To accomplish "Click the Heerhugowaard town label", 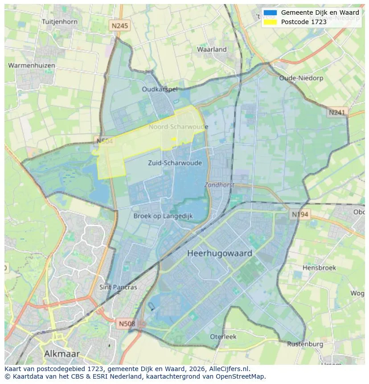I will coord(220,253).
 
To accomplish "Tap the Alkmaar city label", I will coord(62,354).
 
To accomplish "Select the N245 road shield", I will coord(119,26).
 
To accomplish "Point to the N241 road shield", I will coord(337,113).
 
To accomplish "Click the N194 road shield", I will coord(300,215).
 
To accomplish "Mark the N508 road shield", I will coord(127,322).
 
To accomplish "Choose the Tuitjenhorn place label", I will coord(59,21).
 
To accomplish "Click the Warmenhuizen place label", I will coord(32,66).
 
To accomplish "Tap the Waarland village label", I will coord(212,50).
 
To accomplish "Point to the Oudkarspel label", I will coord(160,89).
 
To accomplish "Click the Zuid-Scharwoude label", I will coord(175,163).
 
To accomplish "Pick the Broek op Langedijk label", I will coord(163,216).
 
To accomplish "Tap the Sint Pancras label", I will coord(118,287).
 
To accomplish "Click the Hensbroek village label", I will coord(319,268).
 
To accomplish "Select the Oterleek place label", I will coord(223,337).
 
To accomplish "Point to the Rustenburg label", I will coord(305,344).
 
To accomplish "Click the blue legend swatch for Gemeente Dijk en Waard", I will coord(270,13).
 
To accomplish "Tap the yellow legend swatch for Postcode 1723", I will coord(270,22).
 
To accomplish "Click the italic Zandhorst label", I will coord(219,185).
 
